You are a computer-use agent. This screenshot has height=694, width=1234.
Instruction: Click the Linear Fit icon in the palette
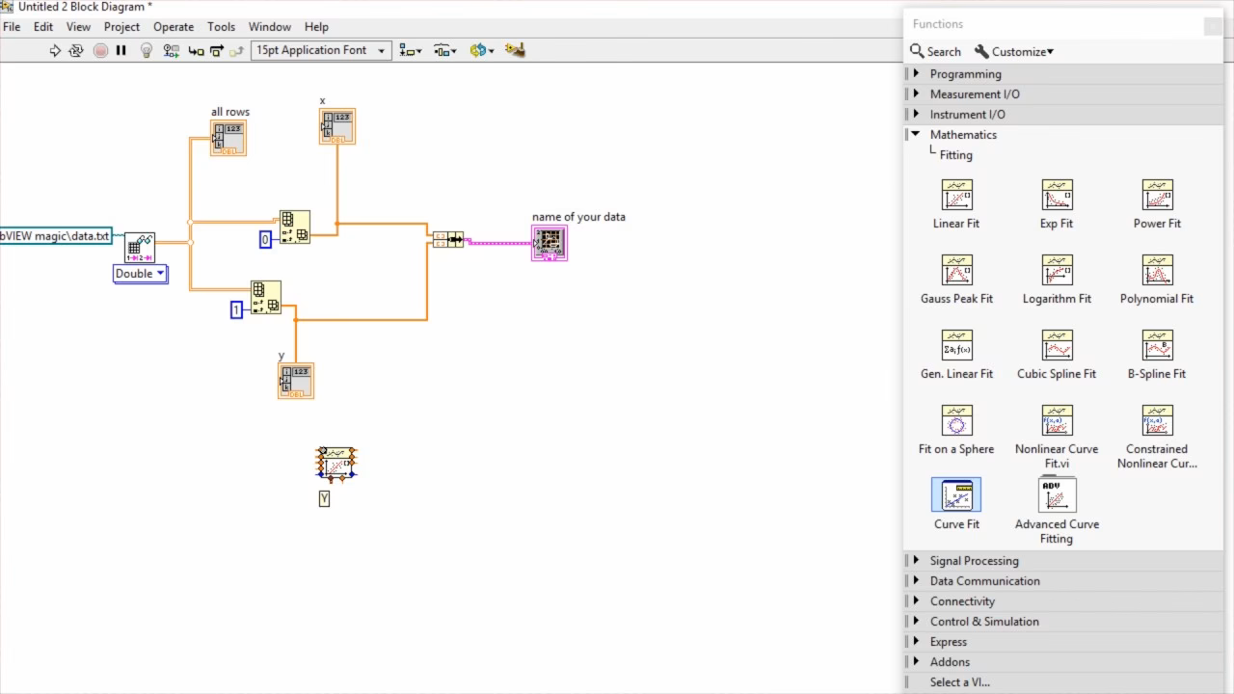[956, 196]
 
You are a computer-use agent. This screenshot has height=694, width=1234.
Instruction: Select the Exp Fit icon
[1057, 196]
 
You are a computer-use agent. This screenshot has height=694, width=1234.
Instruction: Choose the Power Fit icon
[1157, 196]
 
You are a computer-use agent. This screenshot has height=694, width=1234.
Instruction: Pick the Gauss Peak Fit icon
[956, 271]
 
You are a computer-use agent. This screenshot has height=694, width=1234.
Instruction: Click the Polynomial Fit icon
[1157, 271]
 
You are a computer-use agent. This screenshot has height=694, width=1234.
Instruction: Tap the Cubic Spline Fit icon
[1057, 346]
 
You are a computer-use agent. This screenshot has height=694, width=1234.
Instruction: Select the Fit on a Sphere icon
[956, 421]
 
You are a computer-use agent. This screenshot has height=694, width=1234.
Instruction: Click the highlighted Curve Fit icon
[956, 495]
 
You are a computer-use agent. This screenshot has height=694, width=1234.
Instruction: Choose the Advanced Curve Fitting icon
[1057, 495]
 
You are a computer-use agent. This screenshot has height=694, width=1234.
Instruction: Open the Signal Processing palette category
[974, 561]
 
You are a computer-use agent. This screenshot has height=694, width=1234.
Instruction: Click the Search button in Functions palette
[935, 52]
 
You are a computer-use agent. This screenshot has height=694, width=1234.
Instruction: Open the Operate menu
[174, 27]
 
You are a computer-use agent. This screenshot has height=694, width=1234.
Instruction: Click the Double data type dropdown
[141, 274]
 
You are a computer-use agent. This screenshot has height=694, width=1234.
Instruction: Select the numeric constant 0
[265, 239]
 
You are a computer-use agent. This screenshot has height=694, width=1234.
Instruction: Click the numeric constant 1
[236, 309]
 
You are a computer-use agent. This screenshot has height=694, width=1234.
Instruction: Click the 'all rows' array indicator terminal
[228, 138]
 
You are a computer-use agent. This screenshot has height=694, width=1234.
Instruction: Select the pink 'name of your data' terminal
[550, 243]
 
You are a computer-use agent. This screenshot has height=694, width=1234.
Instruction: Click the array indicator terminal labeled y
[296, 381]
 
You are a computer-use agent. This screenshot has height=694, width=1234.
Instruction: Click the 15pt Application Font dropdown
[321, 50]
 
